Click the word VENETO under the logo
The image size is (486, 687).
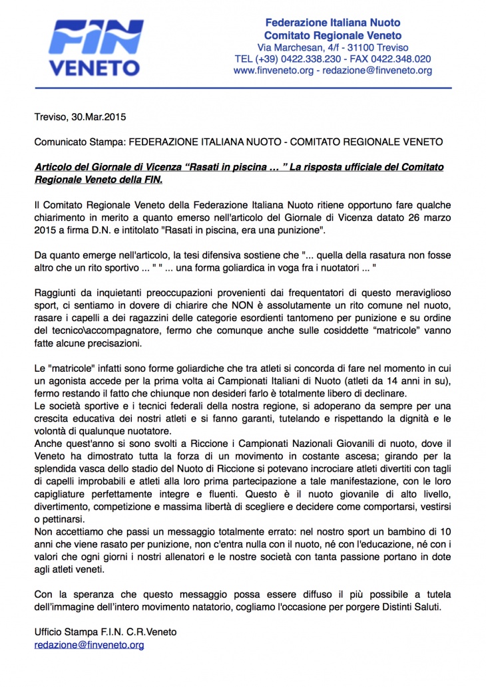95,68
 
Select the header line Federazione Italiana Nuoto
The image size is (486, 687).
332,23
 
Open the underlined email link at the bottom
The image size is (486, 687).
89,644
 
